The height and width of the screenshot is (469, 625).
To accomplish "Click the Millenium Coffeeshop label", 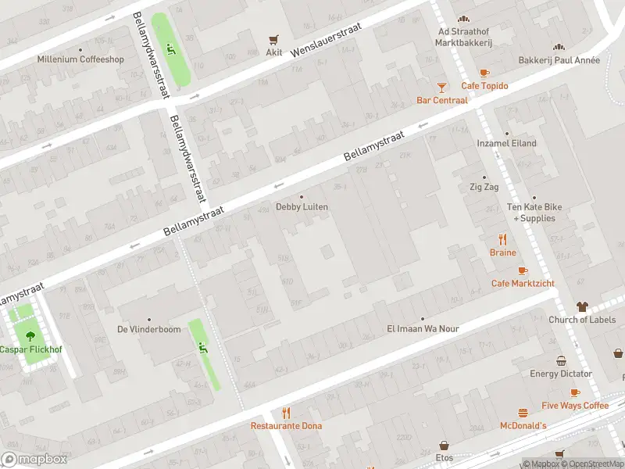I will (80, 59).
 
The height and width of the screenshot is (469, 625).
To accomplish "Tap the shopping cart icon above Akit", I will (273, 39).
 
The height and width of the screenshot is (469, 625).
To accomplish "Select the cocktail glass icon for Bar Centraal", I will (442, 87).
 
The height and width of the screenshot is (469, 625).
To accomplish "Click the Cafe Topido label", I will (484, 86).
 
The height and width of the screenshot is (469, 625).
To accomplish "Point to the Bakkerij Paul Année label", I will (559, 60).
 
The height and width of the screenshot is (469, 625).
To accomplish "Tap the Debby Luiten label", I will (302, 207).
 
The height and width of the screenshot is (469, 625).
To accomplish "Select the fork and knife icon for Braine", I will (503, 239).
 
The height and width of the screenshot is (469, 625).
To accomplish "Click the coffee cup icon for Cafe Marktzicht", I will (523, 270).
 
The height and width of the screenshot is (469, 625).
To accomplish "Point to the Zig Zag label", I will (484, 188).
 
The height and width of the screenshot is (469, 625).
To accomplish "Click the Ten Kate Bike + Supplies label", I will (535, 213).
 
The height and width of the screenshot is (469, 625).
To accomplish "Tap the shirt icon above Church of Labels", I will (582, 306).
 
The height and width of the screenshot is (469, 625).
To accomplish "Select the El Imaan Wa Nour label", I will (423, 329).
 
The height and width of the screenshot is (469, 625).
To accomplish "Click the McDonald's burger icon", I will (523, 413).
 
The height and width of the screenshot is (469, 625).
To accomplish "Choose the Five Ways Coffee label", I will (574, 406).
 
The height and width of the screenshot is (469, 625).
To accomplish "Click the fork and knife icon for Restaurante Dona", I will (286, 413).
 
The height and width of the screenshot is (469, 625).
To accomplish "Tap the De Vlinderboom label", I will (148, 329).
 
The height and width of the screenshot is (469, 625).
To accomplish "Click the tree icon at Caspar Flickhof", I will (30, 336).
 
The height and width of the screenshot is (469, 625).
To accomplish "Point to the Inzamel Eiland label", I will (506, 144).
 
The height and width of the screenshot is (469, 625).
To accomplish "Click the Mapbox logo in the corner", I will (34, 460).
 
